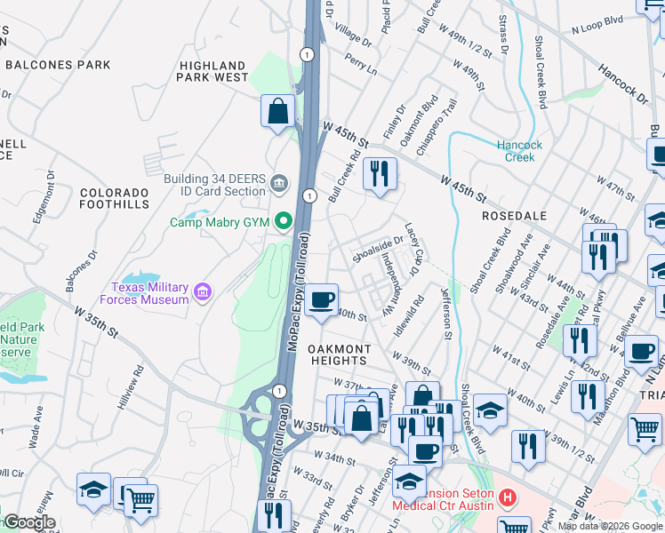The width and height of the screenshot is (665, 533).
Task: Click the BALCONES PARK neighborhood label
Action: point(58,65)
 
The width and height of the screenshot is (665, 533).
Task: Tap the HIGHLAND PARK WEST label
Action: point(213,71)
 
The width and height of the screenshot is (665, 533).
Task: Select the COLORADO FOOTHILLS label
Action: point(115,198)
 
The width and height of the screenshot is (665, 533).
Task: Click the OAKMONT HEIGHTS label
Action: point(338,354)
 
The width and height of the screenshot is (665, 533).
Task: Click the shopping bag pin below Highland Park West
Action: point(278,111)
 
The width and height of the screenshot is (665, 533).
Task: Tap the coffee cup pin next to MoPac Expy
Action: point(322,300)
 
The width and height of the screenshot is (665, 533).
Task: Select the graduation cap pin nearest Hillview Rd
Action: point(93,489)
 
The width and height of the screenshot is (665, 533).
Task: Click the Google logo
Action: point(28,522)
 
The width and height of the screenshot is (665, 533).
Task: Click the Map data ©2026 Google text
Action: point(609,526)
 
